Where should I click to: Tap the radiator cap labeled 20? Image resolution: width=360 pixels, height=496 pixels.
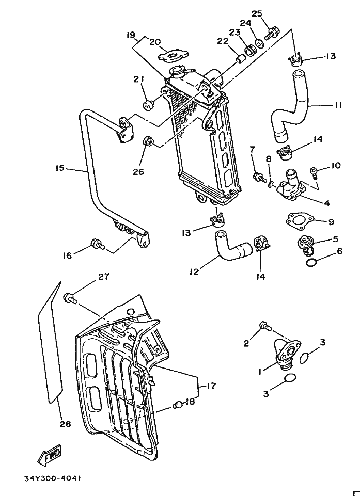point(173,56)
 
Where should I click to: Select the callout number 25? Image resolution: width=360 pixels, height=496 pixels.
point(257,13)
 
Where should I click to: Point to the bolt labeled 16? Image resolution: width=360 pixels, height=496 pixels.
point(98,244)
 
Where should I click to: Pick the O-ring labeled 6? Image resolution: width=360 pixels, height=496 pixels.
point(311,262)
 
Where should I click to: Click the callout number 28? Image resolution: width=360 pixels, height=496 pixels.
point(65,424)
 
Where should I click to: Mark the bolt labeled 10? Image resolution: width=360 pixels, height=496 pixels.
point(314,172)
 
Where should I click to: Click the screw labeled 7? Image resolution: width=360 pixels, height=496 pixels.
point(260,177)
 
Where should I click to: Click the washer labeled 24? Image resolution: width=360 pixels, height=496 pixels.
point(258,43)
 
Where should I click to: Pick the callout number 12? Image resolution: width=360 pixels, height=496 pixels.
point(194,271)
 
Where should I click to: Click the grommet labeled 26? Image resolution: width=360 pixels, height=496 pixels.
point(148,141)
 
